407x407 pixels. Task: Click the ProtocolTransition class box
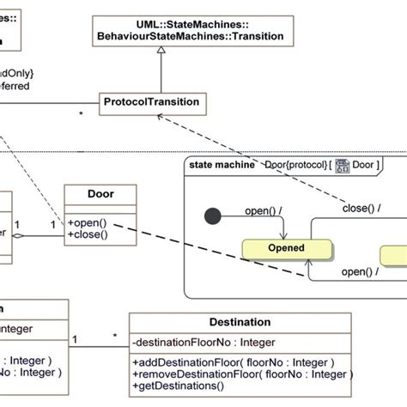[151, 103]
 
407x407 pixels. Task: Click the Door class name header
[100, 195]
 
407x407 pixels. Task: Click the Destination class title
[240, 322]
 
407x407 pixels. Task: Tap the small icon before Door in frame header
[342, 164]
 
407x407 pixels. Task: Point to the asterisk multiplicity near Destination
[115, 336]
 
